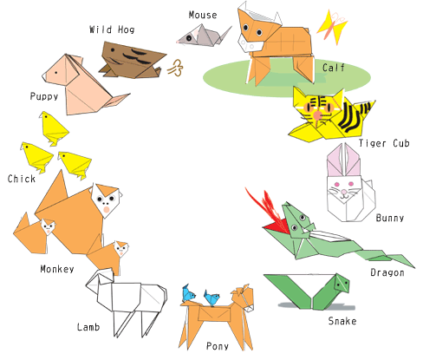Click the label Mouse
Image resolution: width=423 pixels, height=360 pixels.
coord(203,15)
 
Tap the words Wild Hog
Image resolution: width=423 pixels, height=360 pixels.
coord(112,29)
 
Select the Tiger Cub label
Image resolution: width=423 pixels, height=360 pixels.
coord(384,143)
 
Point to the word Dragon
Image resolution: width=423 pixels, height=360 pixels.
coord(387,272)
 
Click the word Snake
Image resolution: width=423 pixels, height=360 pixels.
coord(342,321)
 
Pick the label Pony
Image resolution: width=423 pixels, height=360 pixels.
coord(218,346)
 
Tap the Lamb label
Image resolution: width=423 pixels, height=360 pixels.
coord(88,327)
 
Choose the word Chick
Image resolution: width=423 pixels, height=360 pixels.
coord(22,179)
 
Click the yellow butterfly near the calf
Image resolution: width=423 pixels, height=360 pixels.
coord(333,27)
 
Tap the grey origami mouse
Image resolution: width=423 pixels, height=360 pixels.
coord(204,36)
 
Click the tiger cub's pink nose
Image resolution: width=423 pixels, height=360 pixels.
coord(317,115)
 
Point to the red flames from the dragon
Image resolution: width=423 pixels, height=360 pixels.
coord(267,213)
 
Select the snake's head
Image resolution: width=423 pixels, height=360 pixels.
coord(341,284)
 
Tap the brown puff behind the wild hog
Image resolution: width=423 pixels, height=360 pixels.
coord(175,68)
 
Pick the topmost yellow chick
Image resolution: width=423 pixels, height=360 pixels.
coord(54,128)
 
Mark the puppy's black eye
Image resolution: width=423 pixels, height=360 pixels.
coord(55,73)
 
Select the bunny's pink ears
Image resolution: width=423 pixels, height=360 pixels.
coord(343,160)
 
